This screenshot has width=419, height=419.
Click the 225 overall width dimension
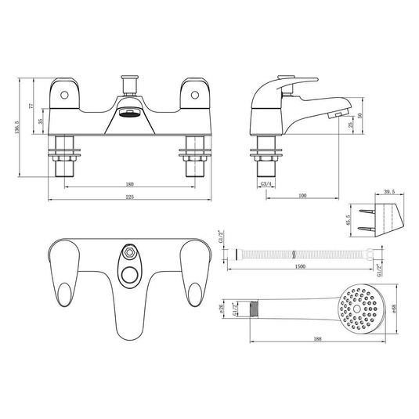129,197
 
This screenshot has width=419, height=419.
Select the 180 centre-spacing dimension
129,184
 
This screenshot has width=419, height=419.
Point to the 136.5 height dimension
17,127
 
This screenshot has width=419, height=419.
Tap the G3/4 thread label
265,184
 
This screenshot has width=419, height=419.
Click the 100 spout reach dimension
302,196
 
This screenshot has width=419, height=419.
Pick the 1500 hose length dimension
300,266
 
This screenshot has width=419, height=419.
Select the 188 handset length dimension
318,339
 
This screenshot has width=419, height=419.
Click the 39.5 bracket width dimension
389,192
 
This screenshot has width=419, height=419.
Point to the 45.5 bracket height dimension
348,220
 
